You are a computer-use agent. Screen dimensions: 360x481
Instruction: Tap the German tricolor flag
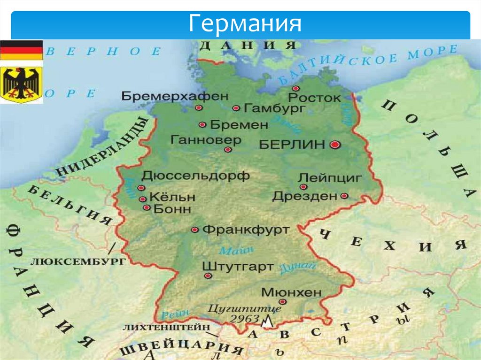(21, 50)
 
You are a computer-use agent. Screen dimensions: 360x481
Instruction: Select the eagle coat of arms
(21, 84)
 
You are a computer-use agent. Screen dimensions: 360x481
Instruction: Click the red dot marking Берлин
(334, 145)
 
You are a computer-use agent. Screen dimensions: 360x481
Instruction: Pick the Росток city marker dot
(295, 88)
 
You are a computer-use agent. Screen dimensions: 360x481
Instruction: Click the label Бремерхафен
(175, 96)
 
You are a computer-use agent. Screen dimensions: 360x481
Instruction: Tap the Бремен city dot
(202, 125)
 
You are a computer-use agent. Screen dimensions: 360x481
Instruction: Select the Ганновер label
(206, 140)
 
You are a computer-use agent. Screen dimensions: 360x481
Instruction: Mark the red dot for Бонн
(147, 207)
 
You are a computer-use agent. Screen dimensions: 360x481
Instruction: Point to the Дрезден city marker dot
(344, 196)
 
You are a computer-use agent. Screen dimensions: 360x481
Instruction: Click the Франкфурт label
(246, 230)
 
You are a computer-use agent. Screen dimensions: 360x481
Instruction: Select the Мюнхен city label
(291, 292)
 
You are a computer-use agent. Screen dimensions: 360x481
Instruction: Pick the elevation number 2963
(245, 318)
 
